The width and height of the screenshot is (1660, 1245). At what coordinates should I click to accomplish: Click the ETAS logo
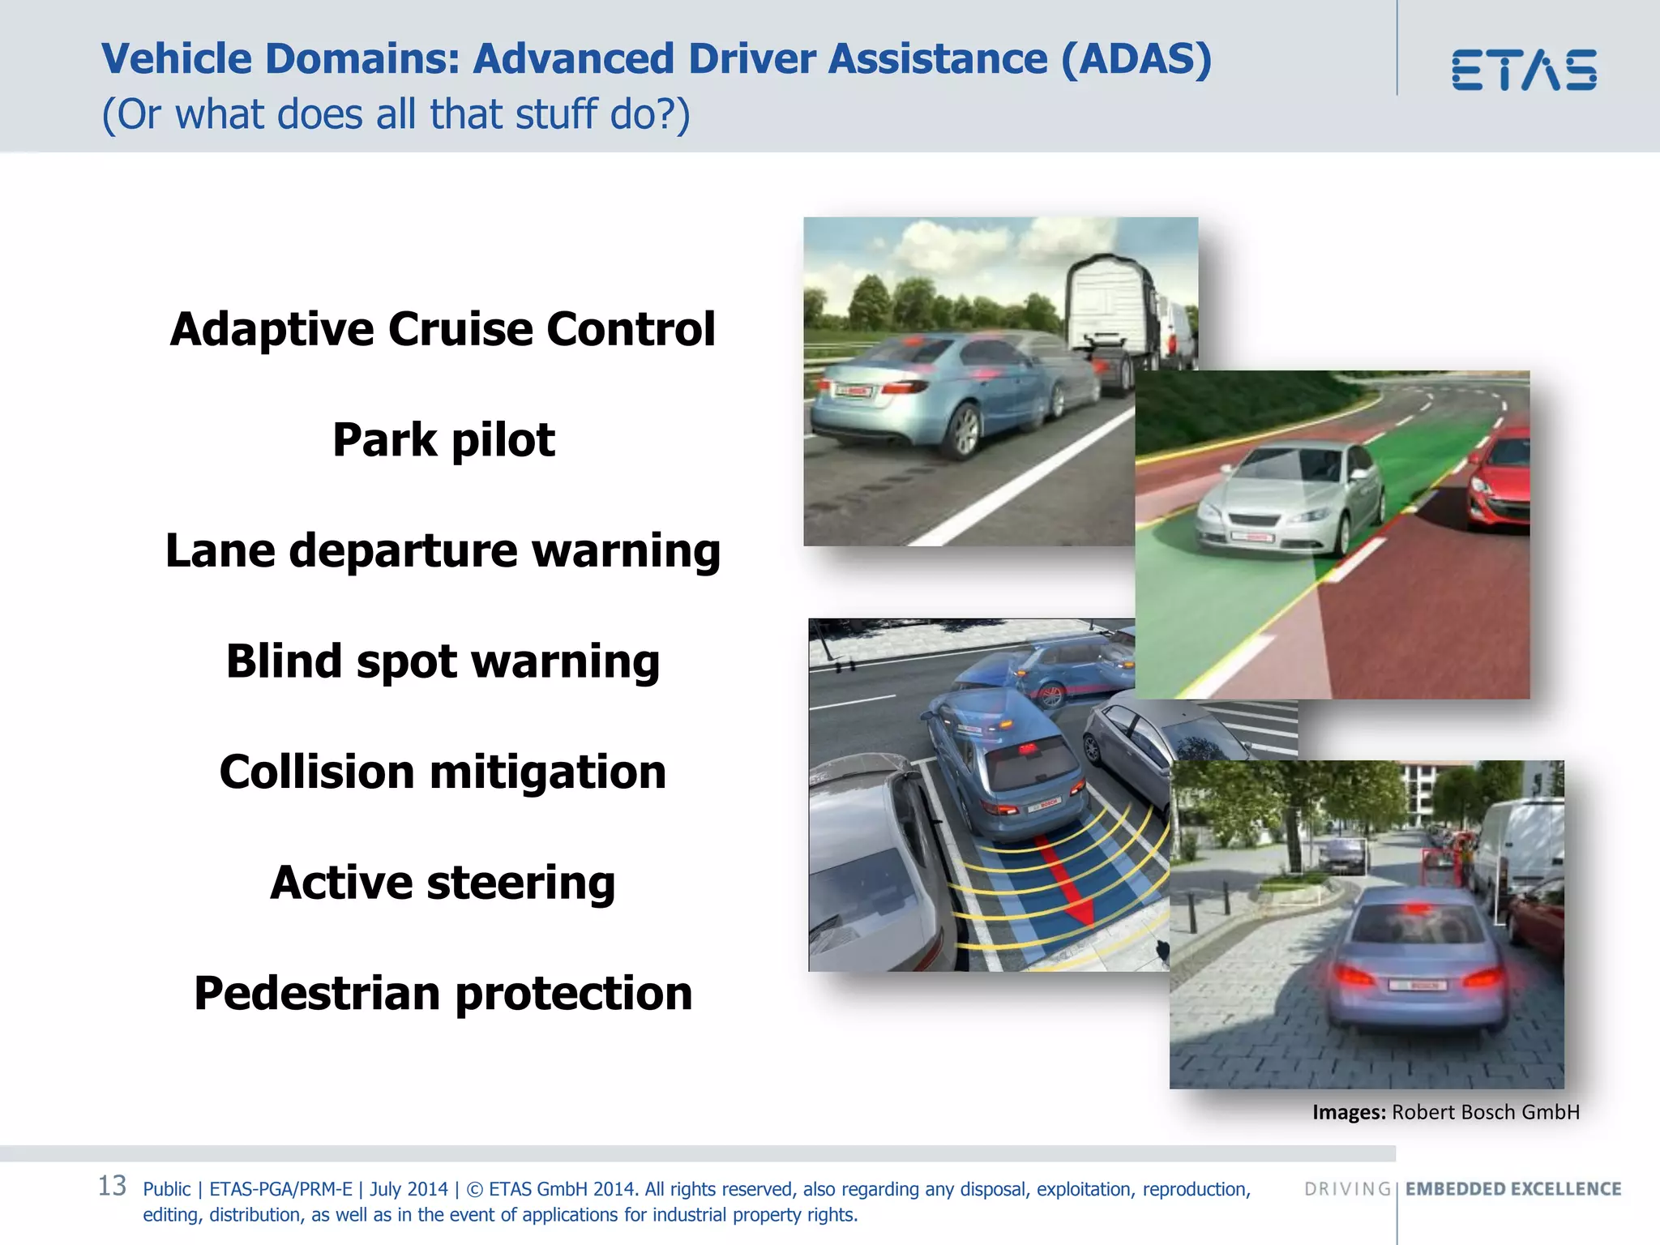tap(1524, 70)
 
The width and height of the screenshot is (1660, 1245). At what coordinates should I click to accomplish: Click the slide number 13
tap(112, 1186)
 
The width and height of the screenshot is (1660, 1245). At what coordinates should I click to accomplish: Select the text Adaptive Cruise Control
tap(443, 329)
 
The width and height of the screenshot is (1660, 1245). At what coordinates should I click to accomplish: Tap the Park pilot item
tap(443, 440)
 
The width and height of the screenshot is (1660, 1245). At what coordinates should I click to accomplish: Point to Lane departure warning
tap(443, 551)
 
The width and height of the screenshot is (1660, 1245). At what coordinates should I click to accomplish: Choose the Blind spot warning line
tap(443, 661)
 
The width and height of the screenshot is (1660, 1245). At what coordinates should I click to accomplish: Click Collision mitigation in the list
tap(443, 772)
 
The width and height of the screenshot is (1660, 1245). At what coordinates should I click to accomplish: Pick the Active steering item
tap(443, 883)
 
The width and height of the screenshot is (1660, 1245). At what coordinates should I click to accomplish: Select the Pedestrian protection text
tap(443, 994)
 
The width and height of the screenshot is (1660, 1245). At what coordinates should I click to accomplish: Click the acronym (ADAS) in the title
tap(1136, 59)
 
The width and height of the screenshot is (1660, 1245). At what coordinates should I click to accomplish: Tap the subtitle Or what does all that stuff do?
tap(396, 114)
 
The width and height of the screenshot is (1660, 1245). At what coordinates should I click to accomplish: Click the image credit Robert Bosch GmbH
tap(1485, 1112)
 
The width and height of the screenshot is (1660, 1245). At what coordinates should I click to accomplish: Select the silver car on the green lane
tap(1289, 503)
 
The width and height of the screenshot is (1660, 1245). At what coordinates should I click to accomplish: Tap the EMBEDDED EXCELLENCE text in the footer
tap(1513, 1189)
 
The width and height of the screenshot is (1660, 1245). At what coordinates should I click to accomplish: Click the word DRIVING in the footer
tap(1347, 1189)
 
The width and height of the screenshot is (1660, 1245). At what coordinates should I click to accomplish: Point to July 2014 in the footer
tap(409, 1189)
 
